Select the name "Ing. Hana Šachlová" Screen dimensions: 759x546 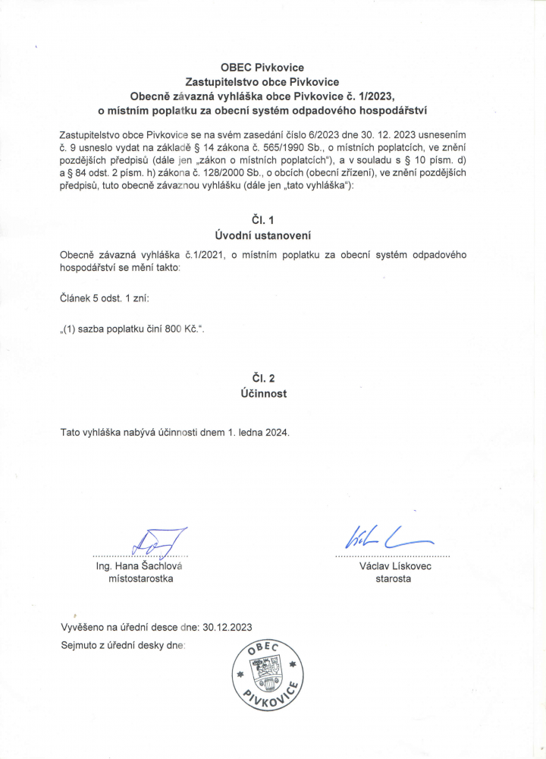click(141, 566)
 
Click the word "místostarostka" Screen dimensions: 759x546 click(142, 579)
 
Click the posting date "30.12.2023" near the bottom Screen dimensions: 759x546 click(227, 628)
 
